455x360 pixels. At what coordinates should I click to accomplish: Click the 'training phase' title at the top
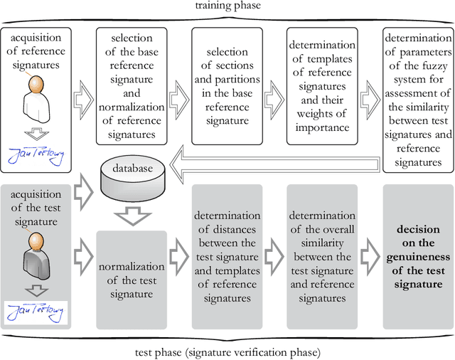point(227,6)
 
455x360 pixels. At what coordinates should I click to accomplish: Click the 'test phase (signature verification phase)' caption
point(227,352)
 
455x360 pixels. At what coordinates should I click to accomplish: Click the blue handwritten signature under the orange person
point(36,156)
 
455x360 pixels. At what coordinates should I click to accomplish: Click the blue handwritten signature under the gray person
point(36,311)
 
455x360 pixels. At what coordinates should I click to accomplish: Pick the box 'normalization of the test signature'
point(131,279)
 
